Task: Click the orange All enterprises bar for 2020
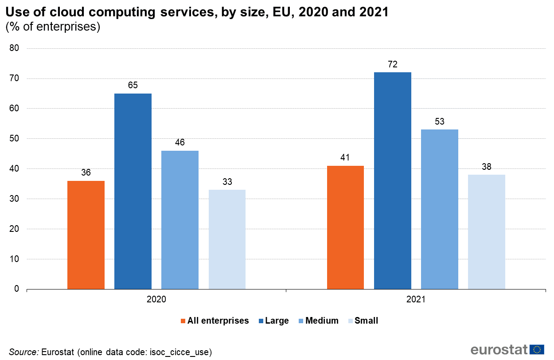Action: [x=86, y=235]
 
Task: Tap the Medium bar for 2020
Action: [x=180, y=220]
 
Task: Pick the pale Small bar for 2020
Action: [x=227, y=239]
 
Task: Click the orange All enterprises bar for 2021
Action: [x=346, y=227]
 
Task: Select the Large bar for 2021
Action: [x=393, y=181]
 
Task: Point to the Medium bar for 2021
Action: [x=440, y=209]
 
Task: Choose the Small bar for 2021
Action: [x=487, y=232]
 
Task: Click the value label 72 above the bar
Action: [x=393, y=64]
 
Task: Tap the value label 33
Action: [x=227, y=182]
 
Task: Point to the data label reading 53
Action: [x=440, y=121]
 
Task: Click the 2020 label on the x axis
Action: [x=156, y=300]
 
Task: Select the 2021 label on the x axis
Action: [x=416, y=300]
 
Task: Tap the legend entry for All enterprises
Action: [x=215, y=321]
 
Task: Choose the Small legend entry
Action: [x=363, y=321]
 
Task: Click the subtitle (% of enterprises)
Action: [x=53, y=27]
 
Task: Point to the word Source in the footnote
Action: [x=23, y=352]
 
